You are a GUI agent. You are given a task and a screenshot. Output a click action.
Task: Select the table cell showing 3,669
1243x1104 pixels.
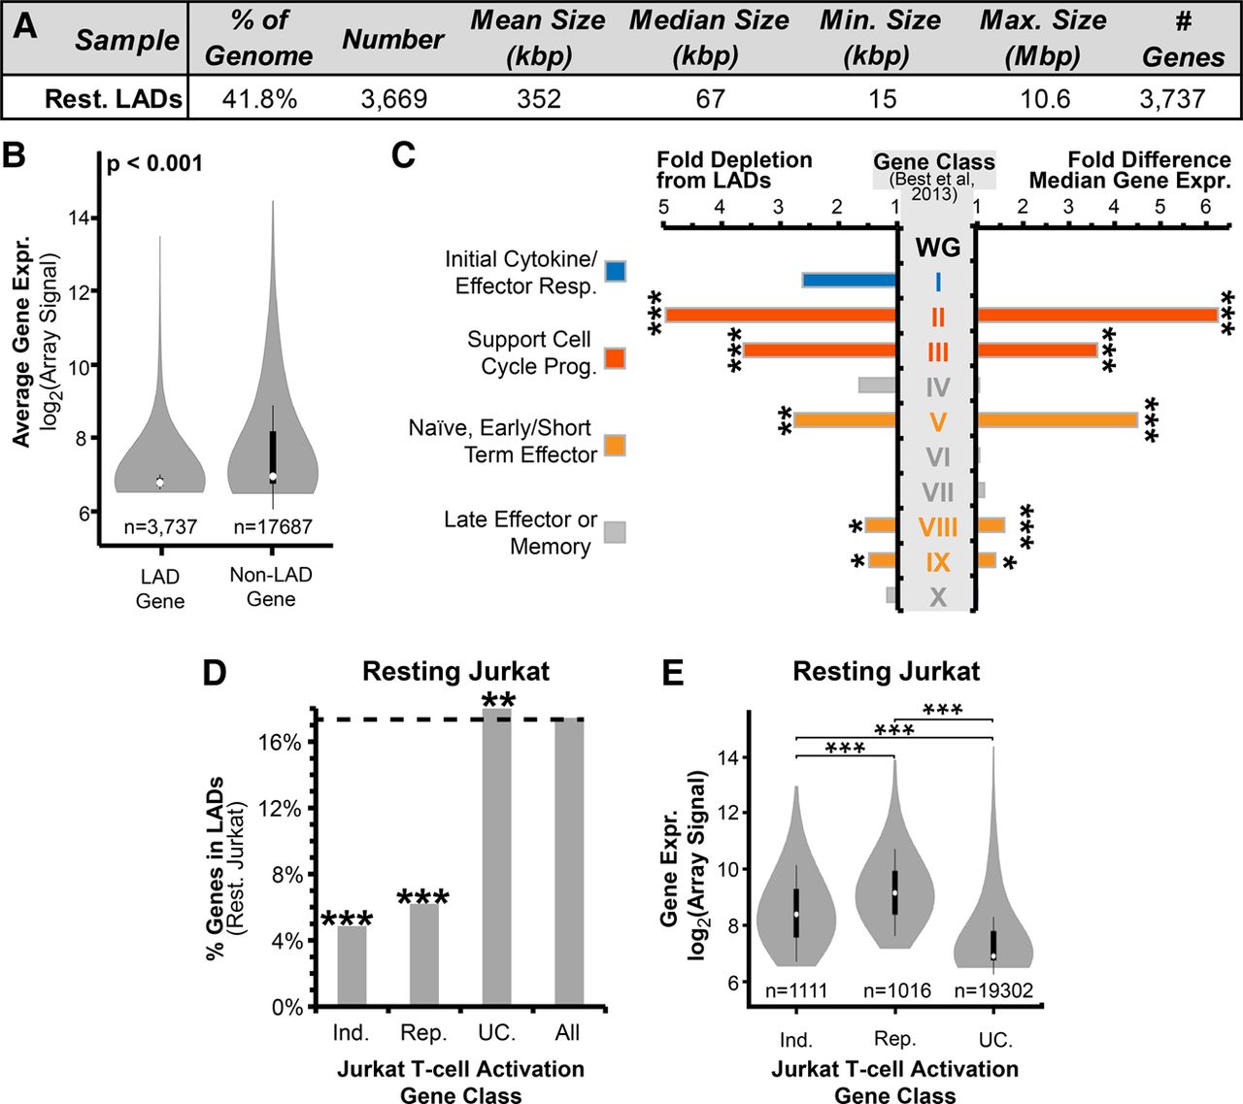[393, 99]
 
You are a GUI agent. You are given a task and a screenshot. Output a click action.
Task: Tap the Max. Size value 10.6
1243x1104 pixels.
[1045, 99]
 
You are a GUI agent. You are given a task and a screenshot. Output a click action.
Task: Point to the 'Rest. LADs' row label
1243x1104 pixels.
[114, 99]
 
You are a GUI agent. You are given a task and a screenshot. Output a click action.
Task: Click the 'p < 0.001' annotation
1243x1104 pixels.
[154, 163]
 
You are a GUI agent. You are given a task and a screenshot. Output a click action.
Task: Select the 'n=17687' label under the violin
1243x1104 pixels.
[273, 527]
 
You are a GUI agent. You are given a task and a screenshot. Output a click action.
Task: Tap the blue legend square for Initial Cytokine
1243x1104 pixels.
[615, 271]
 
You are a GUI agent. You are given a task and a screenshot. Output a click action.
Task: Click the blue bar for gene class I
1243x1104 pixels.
[849, 281]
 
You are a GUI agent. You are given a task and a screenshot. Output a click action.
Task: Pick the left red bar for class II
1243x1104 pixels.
[781, 316]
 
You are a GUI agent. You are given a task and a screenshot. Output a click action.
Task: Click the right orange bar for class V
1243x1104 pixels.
[1057, 420]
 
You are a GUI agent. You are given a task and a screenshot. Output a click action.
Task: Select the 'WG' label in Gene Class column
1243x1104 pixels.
[937, 248]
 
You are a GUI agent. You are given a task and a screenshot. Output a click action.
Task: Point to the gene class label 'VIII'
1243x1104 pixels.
[937, 527]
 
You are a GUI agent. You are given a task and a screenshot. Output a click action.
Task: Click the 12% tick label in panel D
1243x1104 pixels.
[280, 809]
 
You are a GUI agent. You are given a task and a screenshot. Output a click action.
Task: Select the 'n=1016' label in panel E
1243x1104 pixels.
[896, 991]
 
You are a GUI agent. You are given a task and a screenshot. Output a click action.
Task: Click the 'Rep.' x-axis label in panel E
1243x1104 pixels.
[895, 1039]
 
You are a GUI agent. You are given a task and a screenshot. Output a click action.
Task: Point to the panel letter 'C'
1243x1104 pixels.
[404, 155]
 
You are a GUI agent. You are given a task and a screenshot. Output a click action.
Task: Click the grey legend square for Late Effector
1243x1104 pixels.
[615, 532]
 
